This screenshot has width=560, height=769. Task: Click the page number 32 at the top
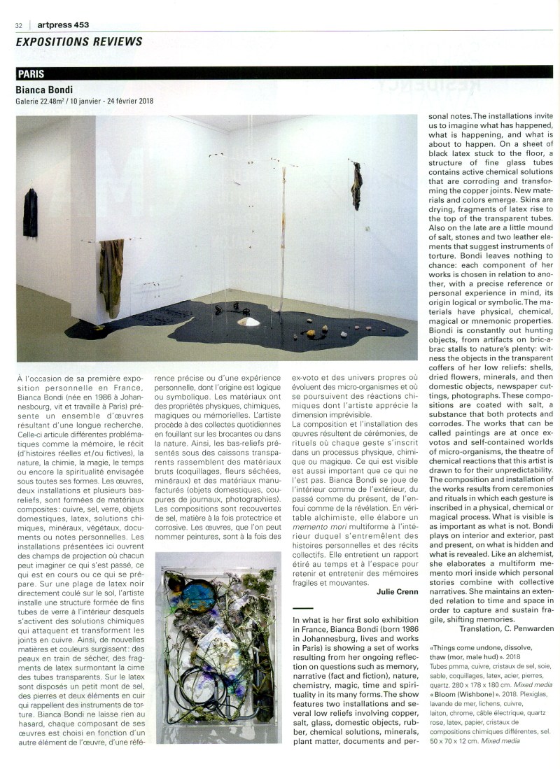pyautogui.click(x=19, y=24)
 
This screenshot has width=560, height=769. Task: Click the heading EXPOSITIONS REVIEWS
pyautogui.click(x=79, y=41)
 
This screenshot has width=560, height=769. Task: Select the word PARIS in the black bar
pyautogui.click(x=32, y=73)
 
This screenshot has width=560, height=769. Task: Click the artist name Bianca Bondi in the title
pyautogui.click(x=46, y=90)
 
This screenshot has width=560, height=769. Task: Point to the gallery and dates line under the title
pyautogui.click(x=84, y=101)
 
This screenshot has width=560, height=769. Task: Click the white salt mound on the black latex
pyautogui.click(x=249, y=320)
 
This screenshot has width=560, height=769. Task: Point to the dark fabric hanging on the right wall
pyautogui.click(x=357, y=185)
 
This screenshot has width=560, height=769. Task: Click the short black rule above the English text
pyautogui.click(x=304, y=608)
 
